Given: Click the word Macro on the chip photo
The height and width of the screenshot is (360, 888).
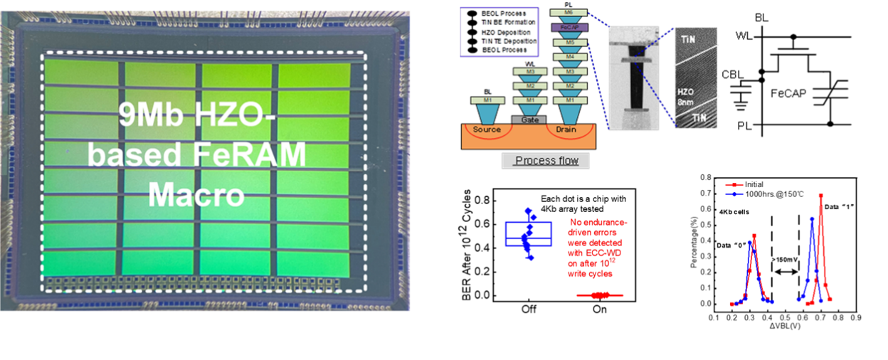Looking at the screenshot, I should click(196, 194).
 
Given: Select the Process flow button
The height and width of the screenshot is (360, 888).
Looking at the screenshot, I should click(546, 160).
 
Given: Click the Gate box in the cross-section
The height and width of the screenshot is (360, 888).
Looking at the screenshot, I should click(529, 120).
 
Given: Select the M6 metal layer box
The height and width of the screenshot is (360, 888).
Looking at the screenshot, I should click(569, 14).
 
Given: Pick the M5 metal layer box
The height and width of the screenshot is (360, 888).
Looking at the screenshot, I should click(569, 42).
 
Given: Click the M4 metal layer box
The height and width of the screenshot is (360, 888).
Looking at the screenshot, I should click(569, 57).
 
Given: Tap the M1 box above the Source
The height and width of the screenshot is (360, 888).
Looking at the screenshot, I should click(488, 100).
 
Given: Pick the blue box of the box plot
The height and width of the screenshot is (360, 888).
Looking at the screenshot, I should click(528, 234).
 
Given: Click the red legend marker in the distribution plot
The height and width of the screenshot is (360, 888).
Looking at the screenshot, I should click(734, 184).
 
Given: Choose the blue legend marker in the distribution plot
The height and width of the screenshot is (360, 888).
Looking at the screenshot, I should click(734, 193).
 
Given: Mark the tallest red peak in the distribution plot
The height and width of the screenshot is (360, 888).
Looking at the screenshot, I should click(822, 195).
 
